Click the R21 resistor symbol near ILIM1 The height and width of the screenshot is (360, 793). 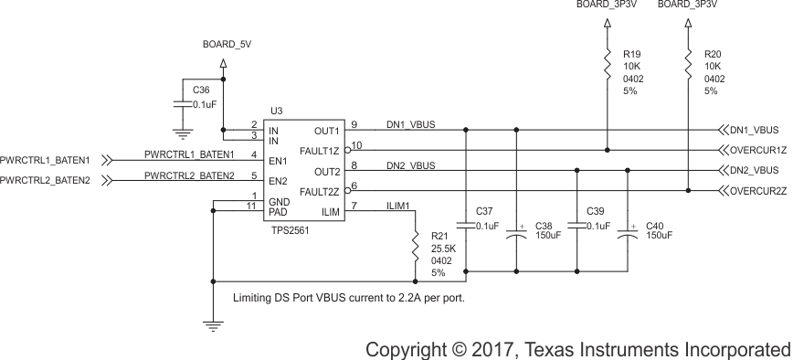click(x=416, y=247)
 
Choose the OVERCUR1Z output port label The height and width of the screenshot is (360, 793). click(x=756, y=151)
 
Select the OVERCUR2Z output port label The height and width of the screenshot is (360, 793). click(x=756, y=191)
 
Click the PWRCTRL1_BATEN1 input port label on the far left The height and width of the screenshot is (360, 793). click(x=46, y=160)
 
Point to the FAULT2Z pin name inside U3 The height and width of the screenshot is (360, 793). click(x=321, y=192)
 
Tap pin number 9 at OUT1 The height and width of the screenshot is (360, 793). click(x=354, y=124)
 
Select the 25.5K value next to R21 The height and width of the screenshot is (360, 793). click(x=442, y=249)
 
